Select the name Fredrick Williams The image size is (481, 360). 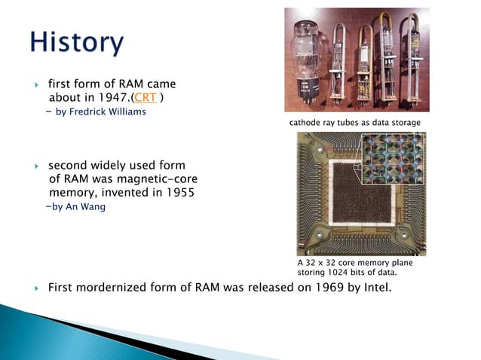[x=106, y=112]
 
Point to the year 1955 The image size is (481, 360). [x=179, y=193]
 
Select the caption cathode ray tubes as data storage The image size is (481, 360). [x=354, y=122]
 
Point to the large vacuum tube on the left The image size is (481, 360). [x=308, y=60]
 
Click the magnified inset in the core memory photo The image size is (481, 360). [x=393, y=161]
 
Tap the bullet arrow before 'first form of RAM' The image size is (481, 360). [x=36, y=84]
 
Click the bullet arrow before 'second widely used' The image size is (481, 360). [x=36, y=166]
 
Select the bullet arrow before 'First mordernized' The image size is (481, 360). [x=36, y=288]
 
